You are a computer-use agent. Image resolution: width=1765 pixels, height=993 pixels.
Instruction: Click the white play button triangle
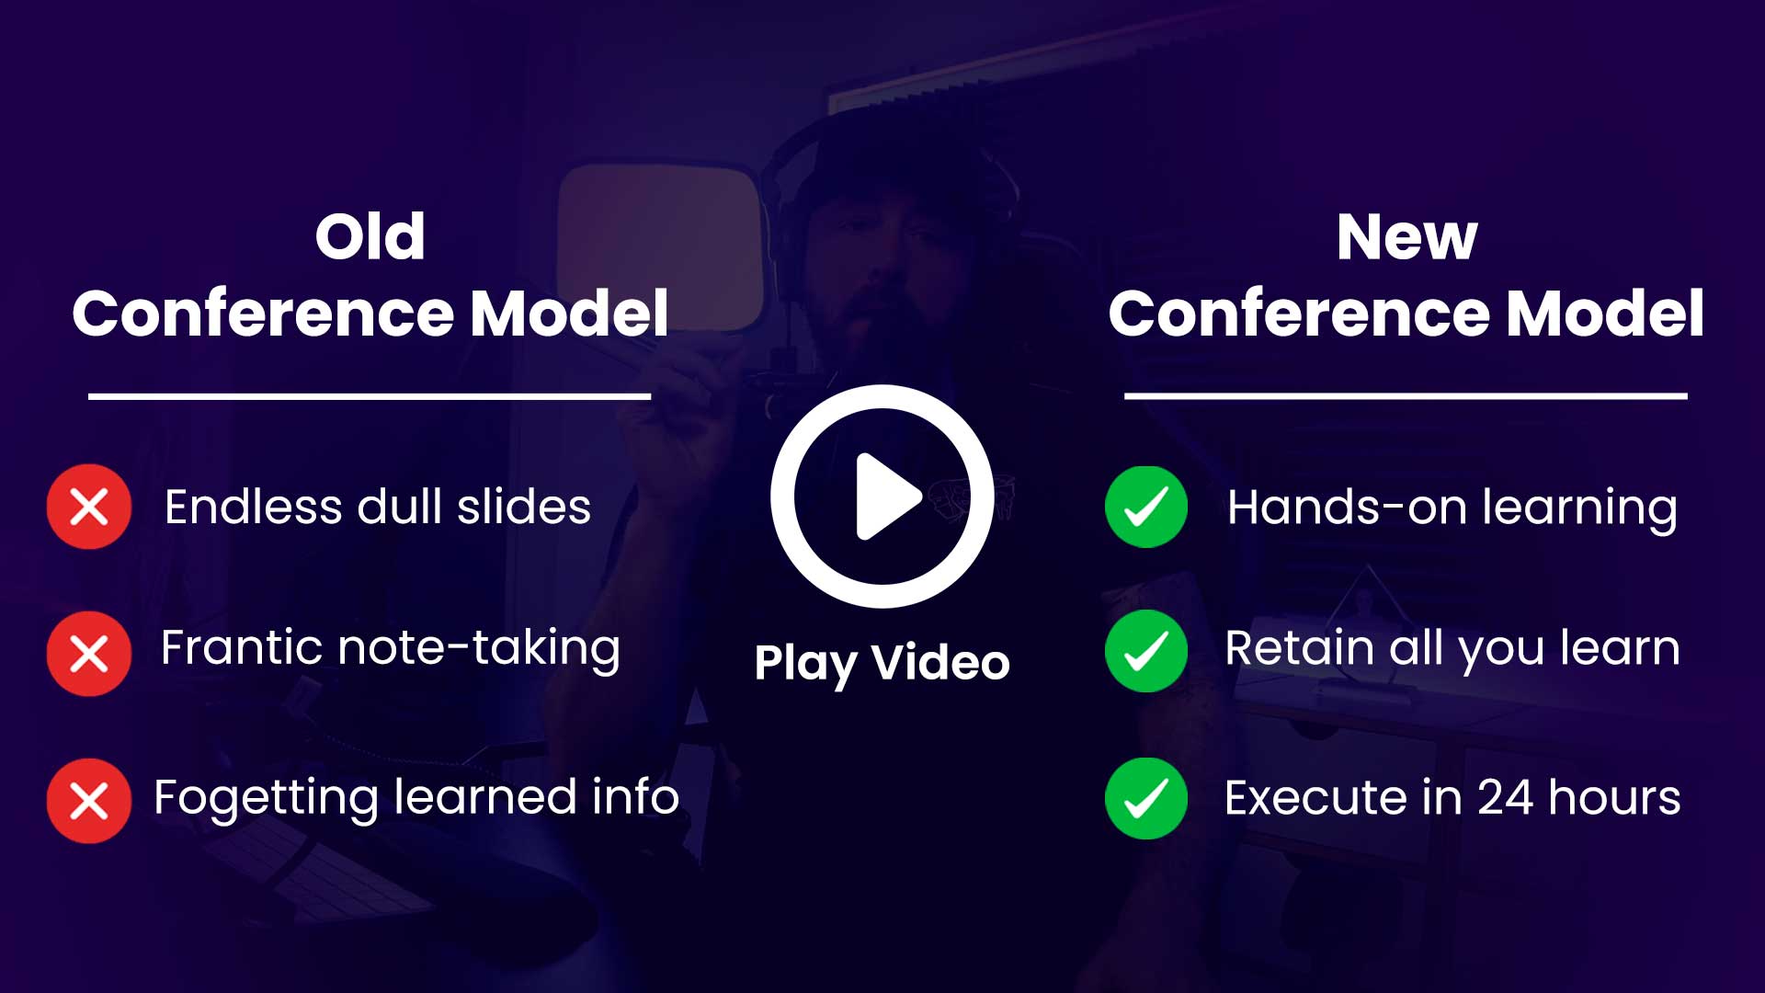tap(885, 496)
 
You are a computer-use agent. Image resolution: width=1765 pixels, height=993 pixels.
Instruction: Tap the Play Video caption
tap(882, 663)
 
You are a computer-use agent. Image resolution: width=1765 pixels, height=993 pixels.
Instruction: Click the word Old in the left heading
tap(370, 236)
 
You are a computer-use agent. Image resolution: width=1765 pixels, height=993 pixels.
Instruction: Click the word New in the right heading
tap(1406, 236)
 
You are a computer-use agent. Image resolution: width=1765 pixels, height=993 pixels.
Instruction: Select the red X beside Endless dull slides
tap(89, 507)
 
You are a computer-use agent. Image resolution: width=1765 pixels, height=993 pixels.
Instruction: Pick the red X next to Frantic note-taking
tap(89, 654)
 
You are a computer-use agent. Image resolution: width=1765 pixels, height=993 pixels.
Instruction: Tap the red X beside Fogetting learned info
tap(89, 801)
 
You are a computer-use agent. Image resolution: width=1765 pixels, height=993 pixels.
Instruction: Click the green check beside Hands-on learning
tap(1146, 507)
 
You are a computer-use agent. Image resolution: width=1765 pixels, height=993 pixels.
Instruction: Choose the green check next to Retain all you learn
tap(1146, 651)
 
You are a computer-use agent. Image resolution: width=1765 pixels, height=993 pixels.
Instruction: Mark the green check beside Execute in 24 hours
tap(1146, 798)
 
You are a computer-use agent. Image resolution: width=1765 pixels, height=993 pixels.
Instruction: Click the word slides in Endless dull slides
tap(524, 507)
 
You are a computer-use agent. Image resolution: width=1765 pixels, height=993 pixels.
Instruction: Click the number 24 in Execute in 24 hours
tap(1506, 797)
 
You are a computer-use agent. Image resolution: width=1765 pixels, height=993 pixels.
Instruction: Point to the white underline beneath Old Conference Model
tap(370, 396)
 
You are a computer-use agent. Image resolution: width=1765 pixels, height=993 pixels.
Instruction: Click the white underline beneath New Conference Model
tap(1406, 396)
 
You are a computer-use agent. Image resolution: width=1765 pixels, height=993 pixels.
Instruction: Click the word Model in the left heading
tap(569, 314)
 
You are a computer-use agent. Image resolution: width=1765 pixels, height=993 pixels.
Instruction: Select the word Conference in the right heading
tap(1299, 314)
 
